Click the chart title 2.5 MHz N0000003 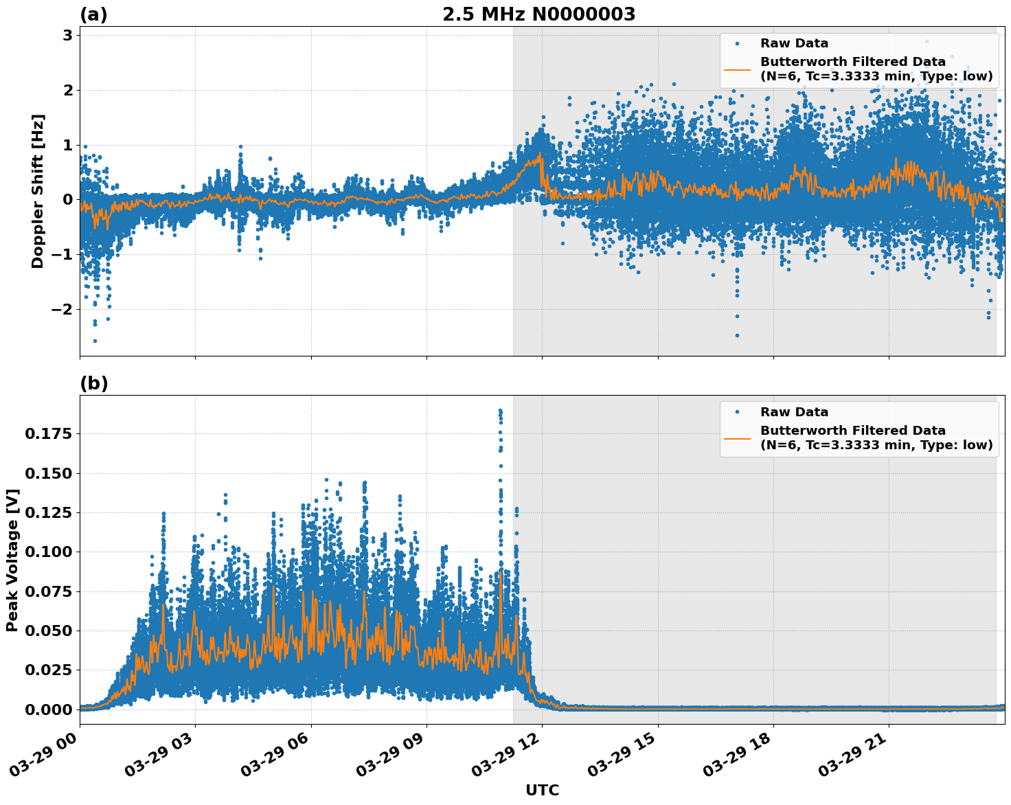pyautogui.click(x=538, y=14)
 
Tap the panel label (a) pyautogui.click(x=93, y=14)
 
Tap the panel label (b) pyautogui.click(x=93, y=383)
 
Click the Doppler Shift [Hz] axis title pyautogui.click(x=38, y=191)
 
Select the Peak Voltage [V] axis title pyautogui.click(x=12, y=560)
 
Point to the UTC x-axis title pyautogui.click(x=542, y=791)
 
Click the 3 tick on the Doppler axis pyautogui.click(x=67, y=36)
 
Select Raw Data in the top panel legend pyautogui.click(x=794, y=43)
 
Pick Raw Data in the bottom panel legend pyautogui.click(x=794, y=412)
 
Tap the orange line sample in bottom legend pyautogui.click(x=737, y=438)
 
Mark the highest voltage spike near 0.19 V pyautogui.click(x=500, y=410)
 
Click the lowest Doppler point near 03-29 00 pyautogui.click(x=95, y=341)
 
